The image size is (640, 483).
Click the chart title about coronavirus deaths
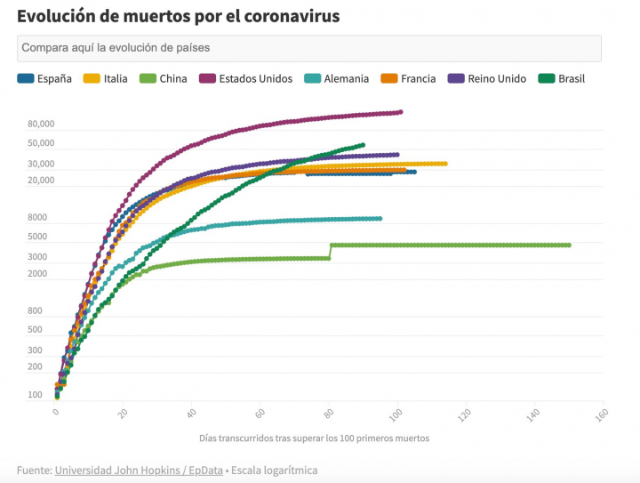coord(178,16)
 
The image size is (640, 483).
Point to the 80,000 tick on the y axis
coord(41,125)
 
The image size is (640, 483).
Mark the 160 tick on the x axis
coord(601,414)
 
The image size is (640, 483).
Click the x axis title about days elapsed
coord(315,439)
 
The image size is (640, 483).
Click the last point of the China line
coord(569,245)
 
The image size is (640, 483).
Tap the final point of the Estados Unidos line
coord(401,112)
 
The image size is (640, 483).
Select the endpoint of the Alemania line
coord(380,218)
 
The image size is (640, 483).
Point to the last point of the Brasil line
coord(363,145)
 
